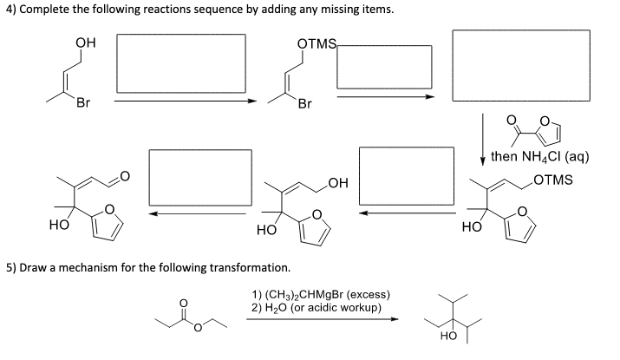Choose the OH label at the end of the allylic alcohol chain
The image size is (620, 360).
[x=337, y=183]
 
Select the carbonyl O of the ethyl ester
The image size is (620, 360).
[x=182, y=304]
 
